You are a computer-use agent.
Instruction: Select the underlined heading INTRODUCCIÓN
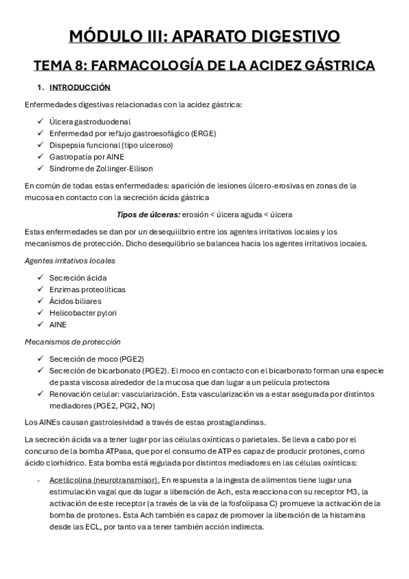(80, 88)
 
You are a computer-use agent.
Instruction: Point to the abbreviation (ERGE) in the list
(199, 133)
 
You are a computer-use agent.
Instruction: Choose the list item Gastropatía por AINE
(86, 156)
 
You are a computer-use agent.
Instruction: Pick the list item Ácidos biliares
(75, 301)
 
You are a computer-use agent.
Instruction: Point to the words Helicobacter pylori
(83, 313)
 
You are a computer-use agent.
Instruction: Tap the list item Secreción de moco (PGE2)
(96, 358)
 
